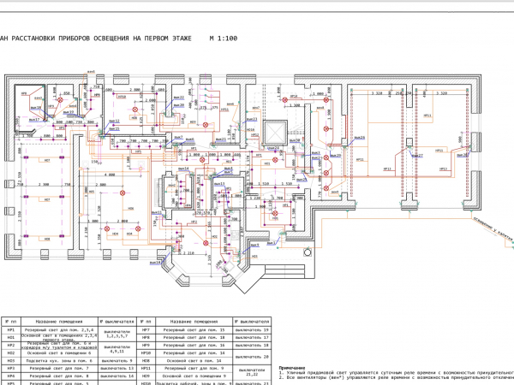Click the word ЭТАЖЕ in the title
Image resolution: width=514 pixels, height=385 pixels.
(x=173, y=40)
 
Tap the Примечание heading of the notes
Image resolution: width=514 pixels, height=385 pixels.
(x=292, y=367)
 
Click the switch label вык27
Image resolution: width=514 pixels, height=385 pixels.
(x=418, y=156)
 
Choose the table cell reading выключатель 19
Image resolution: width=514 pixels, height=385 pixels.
(x=254, y=329)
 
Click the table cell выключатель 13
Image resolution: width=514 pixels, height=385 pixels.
(x=119, y=367)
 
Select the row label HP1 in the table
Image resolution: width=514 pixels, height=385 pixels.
(x=12, y=329)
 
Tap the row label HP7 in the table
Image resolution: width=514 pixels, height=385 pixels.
(x=146, y=329)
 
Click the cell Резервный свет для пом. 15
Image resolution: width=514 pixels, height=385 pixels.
(x=195, y=329)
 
